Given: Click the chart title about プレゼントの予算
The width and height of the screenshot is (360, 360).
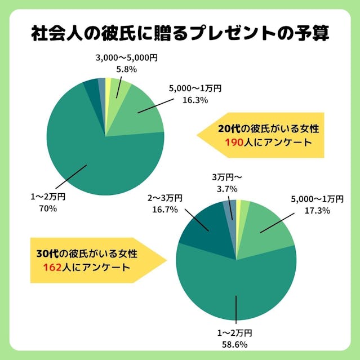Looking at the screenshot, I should (x=180, y=33).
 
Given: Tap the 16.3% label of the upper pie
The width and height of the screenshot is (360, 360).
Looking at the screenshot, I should (x=195, y=100).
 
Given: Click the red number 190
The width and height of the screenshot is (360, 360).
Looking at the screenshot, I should (x=232, y=142).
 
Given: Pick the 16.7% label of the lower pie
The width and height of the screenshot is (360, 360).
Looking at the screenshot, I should (x=165, y=209).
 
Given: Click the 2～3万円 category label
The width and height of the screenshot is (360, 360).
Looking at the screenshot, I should (x=165, y=198).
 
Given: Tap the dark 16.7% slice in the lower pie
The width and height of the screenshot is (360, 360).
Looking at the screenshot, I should (x=203, y=225).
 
